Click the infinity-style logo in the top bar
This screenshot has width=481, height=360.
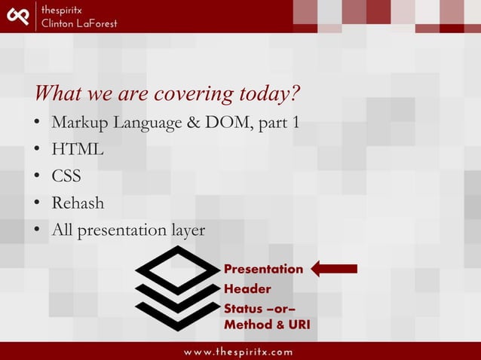point(17,15)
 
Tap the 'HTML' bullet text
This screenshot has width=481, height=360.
point(77,150)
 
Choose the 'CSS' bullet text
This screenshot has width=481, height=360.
point(66,177)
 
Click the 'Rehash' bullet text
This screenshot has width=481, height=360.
point(78,203)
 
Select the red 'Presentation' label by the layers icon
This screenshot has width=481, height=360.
point(263,269)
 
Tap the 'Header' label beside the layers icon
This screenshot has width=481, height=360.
point(247,289)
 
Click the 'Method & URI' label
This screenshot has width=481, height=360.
point(266,325)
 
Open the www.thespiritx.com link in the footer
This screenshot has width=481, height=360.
point(240,352)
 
